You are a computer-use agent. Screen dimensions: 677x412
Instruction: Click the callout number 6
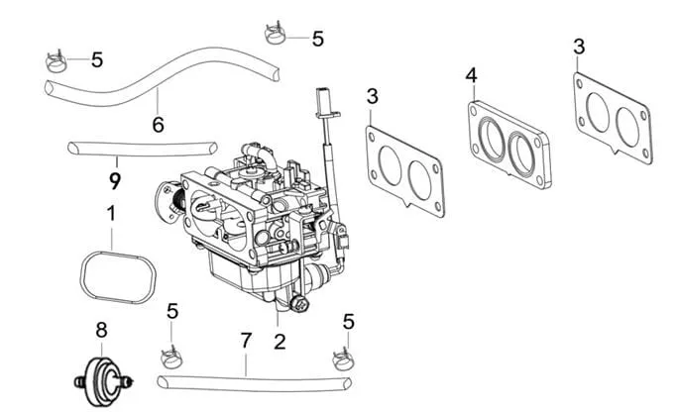point(158,125)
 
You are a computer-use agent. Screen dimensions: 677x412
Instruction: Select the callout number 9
point(115,181)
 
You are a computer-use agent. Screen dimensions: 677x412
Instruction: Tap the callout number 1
point(111,214)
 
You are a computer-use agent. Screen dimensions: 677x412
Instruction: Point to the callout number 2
point(280,342)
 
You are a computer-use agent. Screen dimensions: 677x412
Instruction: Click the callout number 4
point(472,75)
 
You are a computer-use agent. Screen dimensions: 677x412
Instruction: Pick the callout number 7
point(246,341)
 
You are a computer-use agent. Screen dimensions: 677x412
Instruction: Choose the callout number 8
point(101,331)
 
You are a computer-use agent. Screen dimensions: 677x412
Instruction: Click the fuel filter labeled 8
point(103,382)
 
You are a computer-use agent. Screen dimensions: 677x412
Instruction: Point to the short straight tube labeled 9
point(143,149)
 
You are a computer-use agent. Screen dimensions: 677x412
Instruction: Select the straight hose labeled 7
point(254,383)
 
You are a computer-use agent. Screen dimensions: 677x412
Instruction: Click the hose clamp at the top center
point(275,35)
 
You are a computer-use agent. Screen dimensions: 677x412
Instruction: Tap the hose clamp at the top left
point(56,62)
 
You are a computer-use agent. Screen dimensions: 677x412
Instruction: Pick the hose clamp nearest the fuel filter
point(171,357)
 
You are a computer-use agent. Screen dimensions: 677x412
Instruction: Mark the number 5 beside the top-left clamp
point(97,59)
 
